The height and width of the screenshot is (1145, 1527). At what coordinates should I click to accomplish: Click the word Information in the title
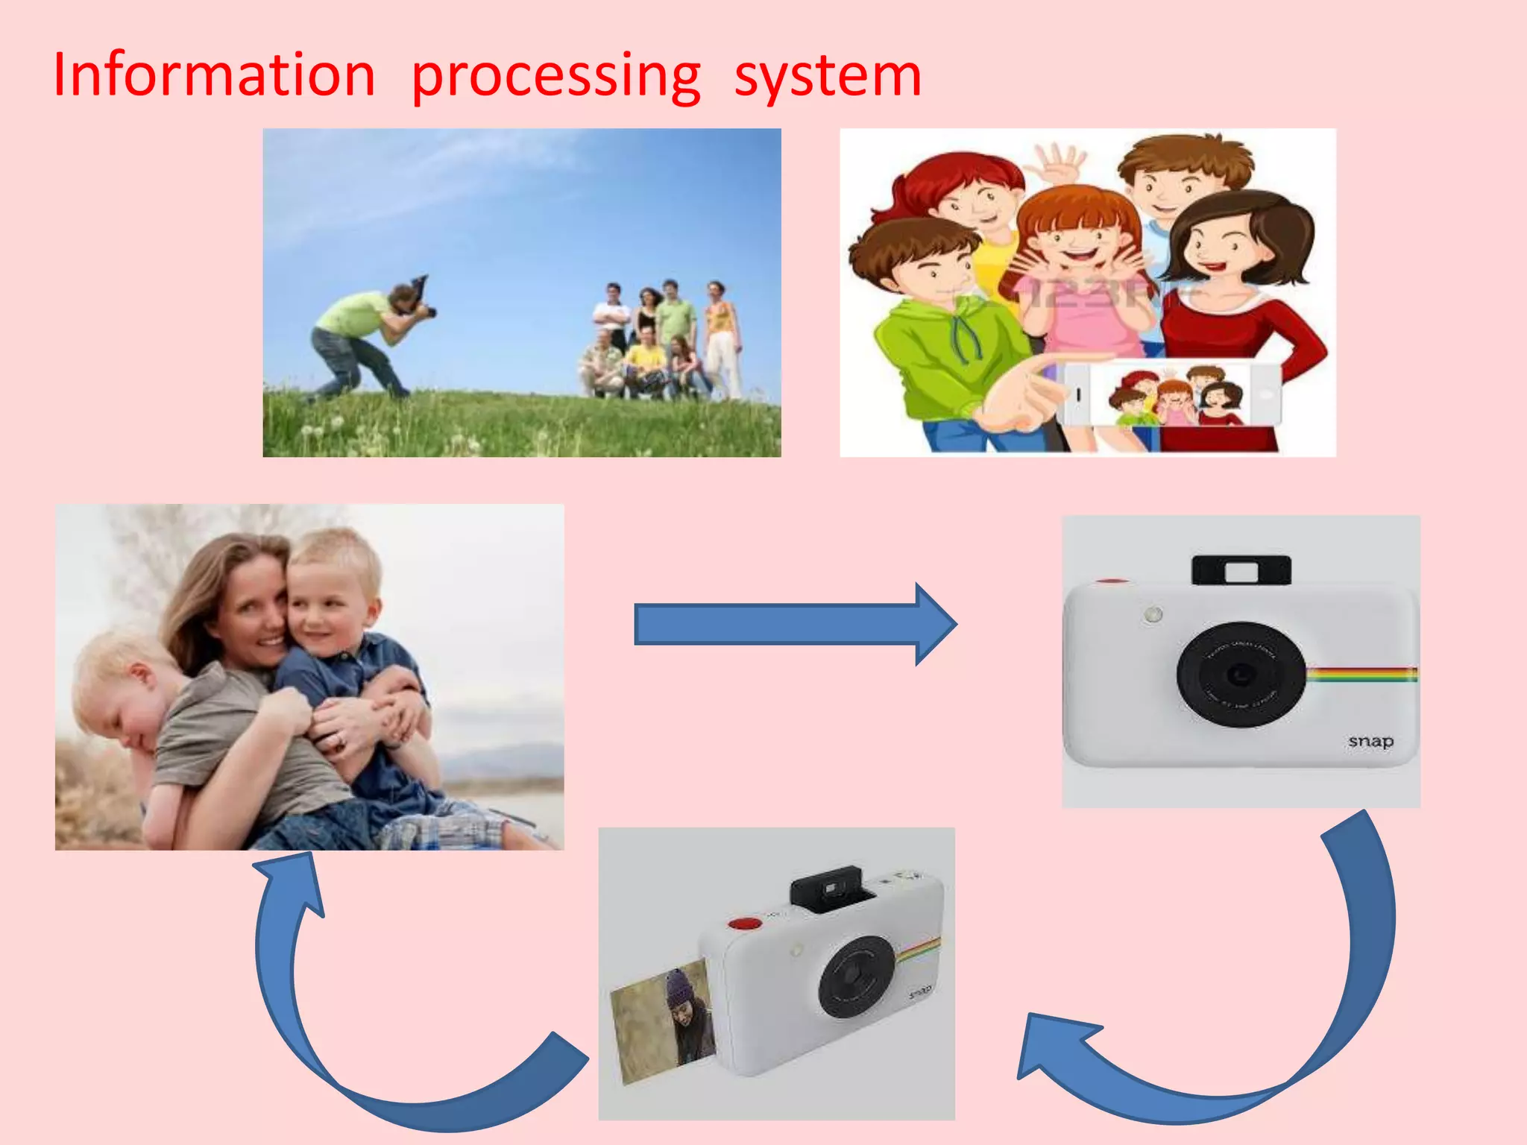(214, 75)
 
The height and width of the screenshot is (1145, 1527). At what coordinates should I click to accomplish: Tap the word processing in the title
(555, 77)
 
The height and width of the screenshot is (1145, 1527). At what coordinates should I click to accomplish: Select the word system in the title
(828, 77)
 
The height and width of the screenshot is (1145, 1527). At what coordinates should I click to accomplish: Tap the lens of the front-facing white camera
(1241, 674)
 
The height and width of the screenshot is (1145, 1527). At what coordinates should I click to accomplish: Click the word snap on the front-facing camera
(1370, 741)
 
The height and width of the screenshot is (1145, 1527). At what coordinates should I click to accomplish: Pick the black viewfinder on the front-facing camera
(1241, 571)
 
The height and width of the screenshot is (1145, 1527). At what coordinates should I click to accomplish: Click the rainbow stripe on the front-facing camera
(1361, 674)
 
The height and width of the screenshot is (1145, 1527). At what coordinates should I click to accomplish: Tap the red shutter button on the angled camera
(743, 924)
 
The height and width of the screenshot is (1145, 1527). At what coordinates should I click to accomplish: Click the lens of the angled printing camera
(857, 977)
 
